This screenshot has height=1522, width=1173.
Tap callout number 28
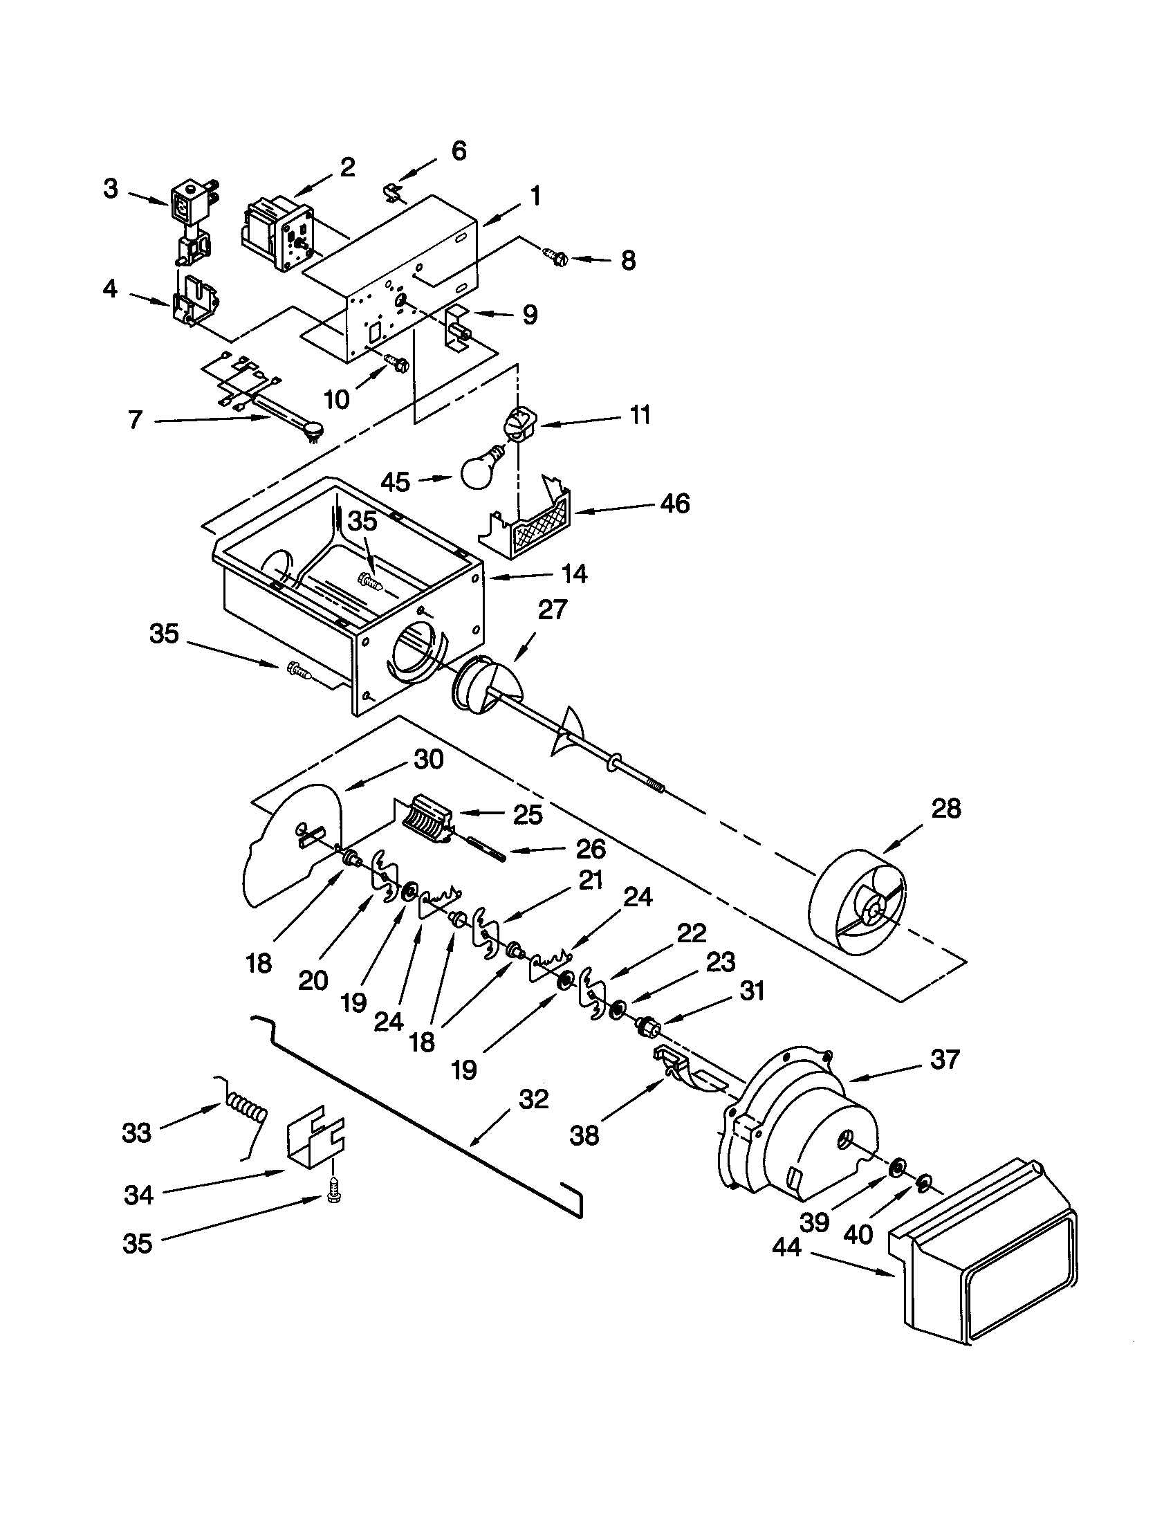click(x=945, y=808)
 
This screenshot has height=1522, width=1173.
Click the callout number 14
click(x=575, y=574)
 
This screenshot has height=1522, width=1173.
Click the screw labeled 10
click(x=398, y=363)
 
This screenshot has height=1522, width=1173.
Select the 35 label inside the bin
click(x=362, y=521)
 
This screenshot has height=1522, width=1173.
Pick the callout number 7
click(x=135, y=419)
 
